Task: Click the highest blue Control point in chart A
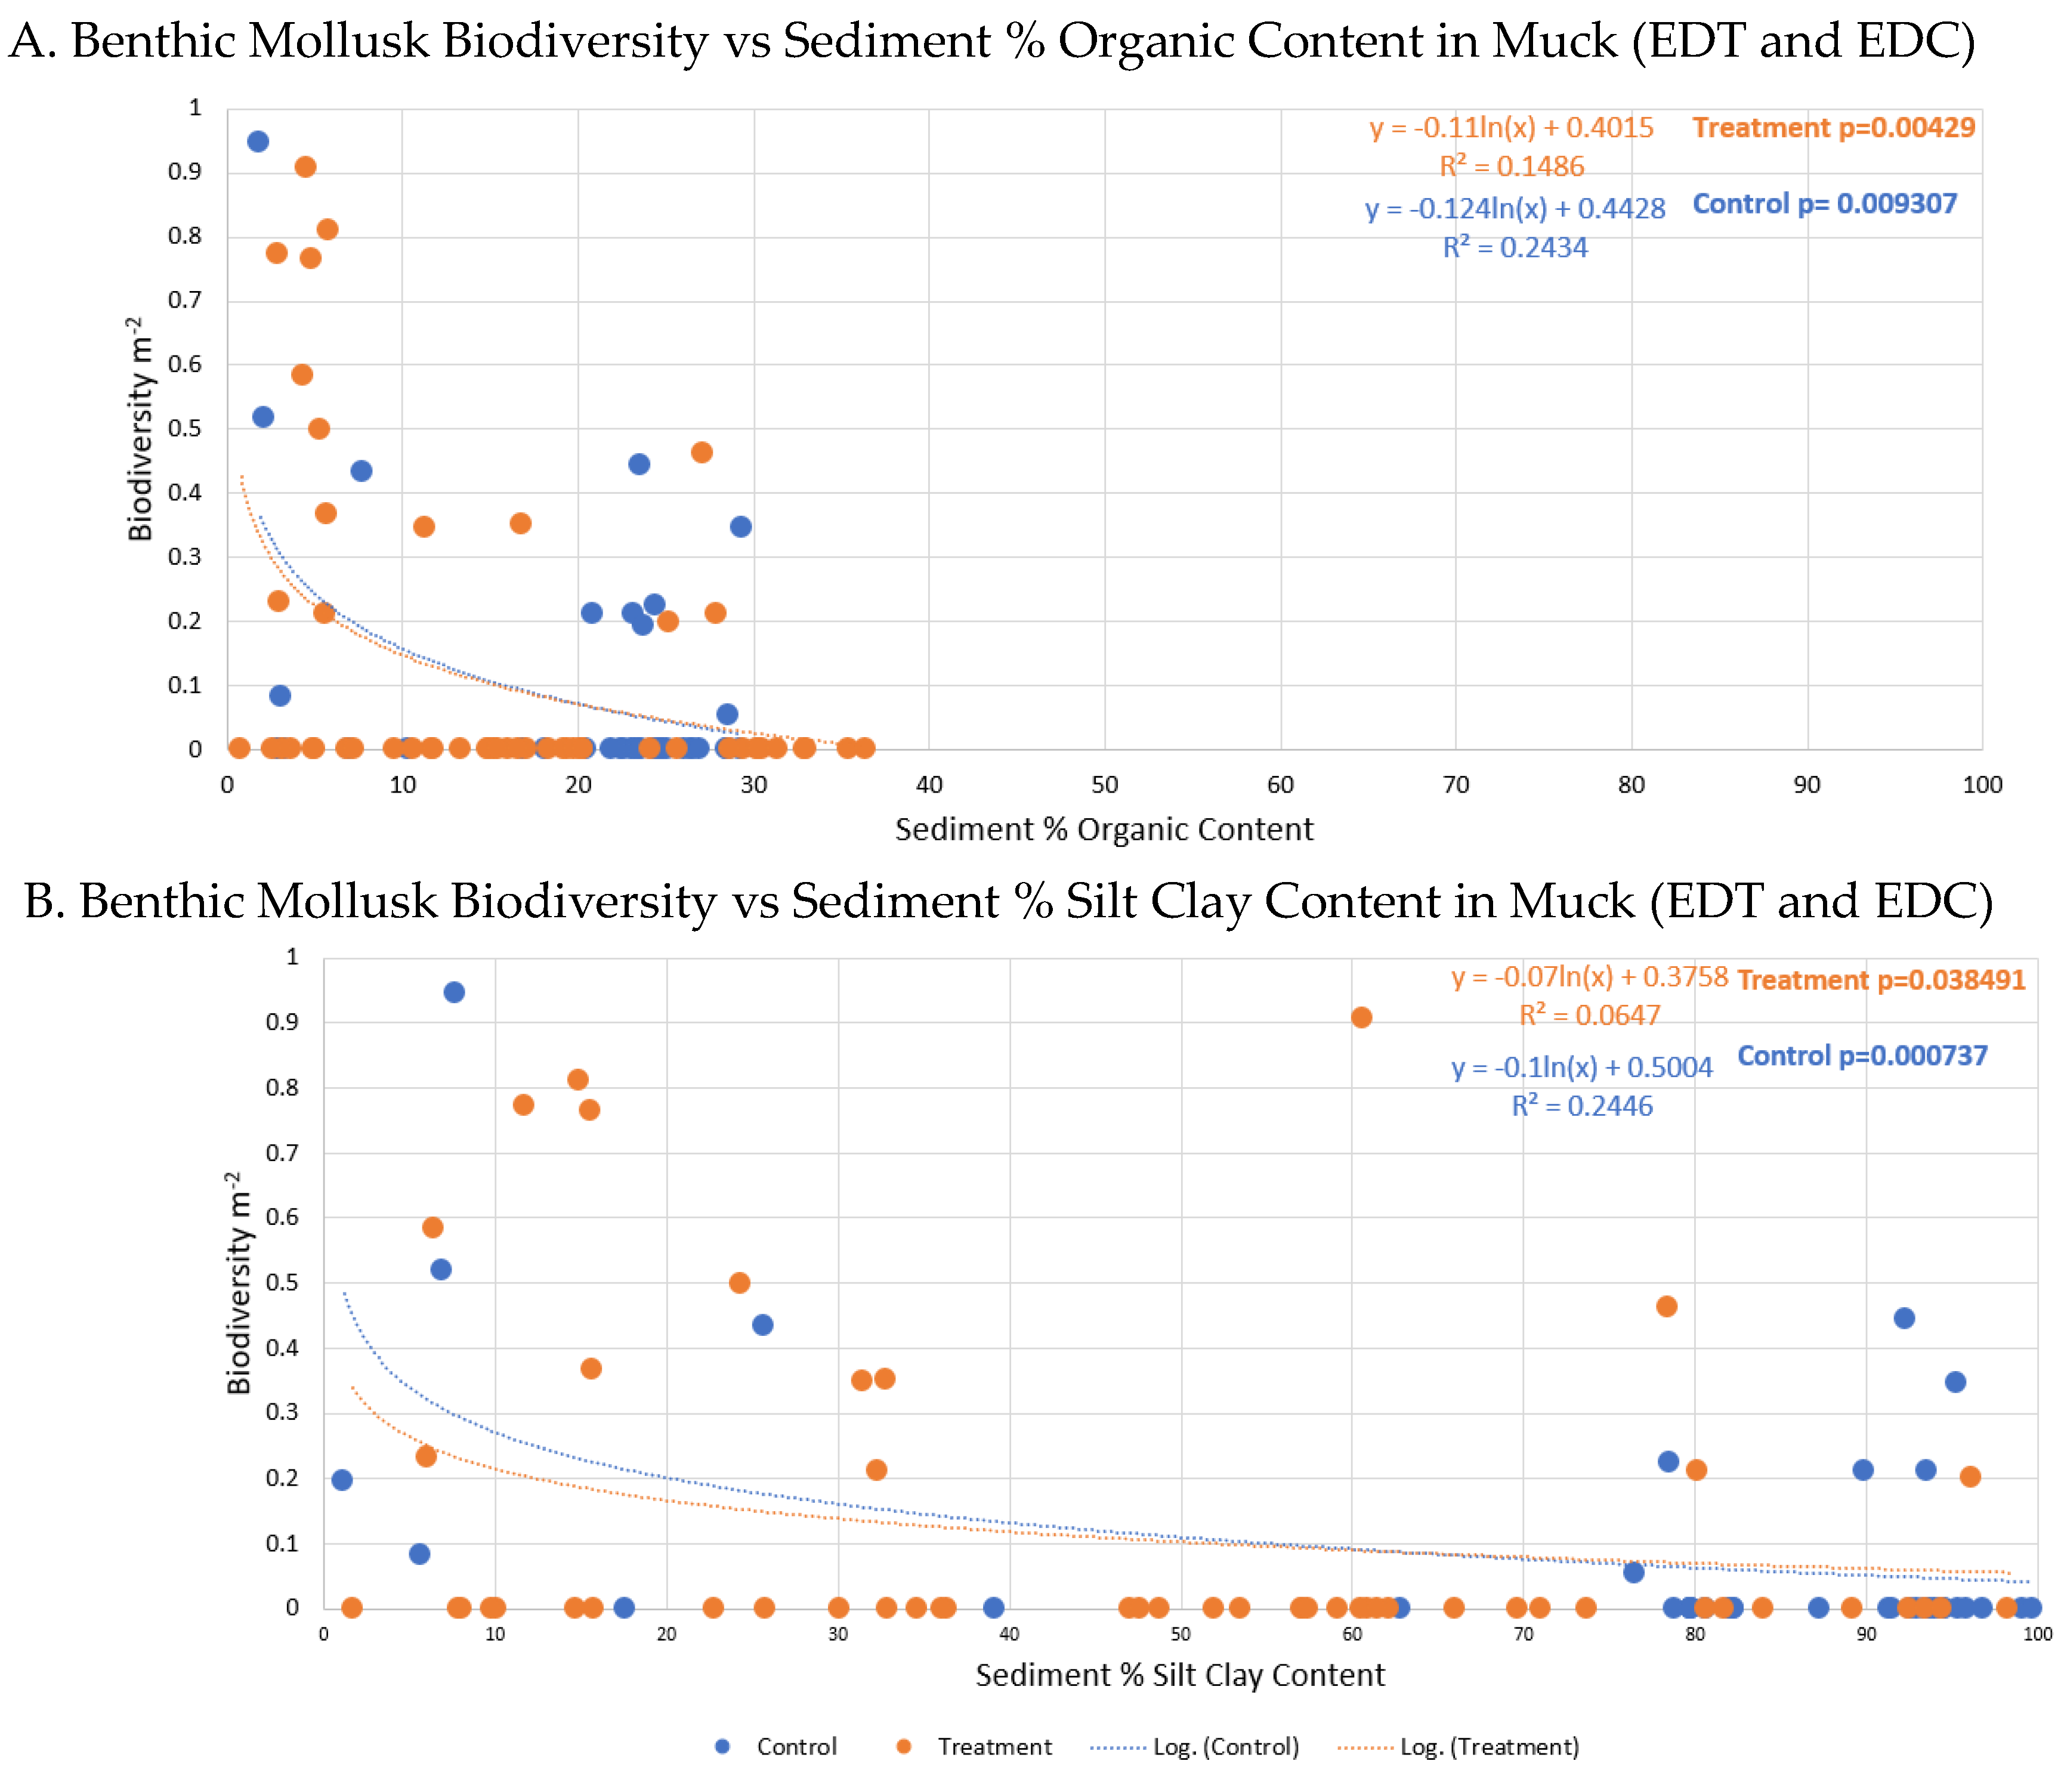tap(258, 141)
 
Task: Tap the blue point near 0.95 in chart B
tap(453, 991)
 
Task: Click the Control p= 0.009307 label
tap(1824, 204)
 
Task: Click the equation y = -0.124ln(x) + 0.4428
tap(1514, 209)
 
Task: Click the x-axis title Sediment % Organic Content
tap(1104, 830)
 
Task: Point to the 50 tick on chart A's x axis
tap(1104, 785)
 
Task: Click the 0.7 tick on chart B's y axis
tap(283, 1153)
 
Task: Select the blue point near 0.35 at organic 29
tap(740, 526)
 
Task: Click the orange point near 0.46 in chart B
tap(1666, 1305)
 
